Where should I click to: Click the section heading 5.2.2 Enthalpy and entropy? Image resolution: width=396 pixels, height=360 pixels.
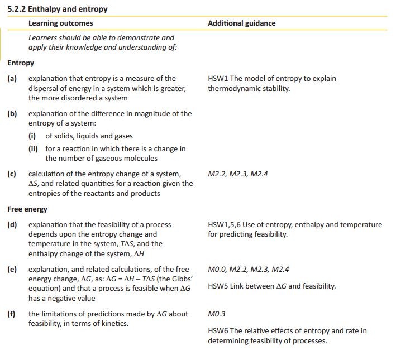[x=58, y=9]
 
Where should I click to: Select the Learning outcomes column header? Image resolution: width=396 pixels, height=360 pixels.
[x=60, y=23]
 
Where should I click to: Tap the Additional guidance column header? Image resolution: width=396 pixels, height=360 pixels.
[x=241, y=23]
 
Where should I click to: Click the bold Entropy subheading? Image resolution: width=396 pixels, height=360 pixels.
[x=21, y=63]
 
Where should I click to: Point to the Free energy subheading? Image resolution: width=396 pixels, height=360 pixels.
[x=27, y=209]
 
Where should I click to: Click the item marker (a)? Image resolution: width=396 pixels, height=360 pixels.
[x=12, y=79]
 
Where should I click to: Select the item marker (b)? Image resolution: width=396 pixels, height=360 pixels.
[x=12, y=113]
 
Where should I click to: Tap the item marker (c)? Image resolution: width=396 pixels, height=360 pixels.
[x=12, y=174]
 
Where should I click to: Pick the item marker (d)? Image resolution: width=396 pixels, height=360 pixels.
[x=12, y=225]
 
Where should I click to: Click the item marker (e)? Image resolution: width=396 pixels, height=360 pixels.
[x=12, y=270]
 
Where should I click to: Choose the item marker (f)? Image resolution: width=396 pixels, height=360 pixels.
[x=11, y=314]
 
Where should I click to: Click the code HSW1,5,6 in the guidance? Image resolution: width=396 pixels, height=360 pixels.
[x=224, y=225]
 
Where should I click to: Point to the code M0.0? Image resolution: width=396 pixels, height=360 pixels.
[x=217, y=270]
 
